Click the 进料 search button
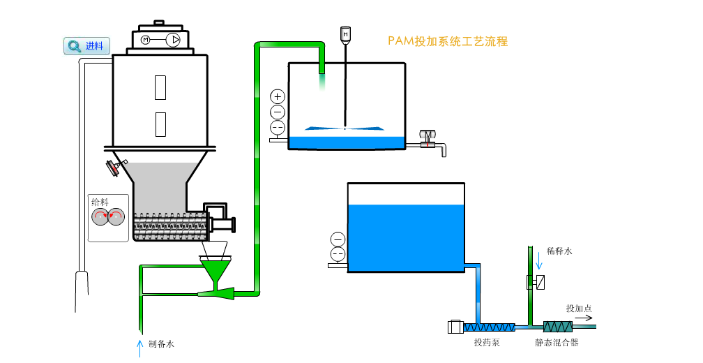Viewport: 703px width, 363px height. pos(87,47)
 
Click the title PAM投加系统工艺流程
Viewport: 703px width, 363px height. pos(448,41)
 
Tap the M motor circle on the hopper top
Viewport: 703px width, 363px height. pos(146,40)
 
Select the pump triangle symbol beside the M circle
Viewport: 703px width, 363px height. pos(172,40)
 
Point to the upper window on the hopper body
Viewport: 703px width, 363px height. pos(160,87)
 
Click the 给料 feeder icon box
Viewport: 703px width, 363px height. pos(108,217)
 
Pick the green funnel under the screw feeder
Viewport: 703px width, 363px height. pos(217,269)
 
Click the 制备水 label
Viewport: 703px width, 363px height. pos(161,343)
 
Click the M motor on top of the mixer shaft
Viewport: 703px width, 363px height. pos(345,34)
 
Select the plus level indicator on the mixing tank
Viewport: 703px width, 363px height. pos(278,96)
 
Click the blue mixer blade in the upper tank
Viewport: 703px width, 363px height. pos(345,128)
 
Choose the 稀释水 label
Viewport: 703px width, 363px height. pos(559,251)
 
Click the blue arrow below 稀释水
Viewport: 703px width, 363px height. pos(538,261)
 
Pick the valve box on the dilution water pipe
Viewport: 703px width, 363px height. pos(535,282)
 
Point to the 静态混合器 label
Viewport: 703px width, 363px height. pos(557,342)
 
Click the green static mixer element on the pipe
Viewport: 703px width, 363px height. pos(558,326)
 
